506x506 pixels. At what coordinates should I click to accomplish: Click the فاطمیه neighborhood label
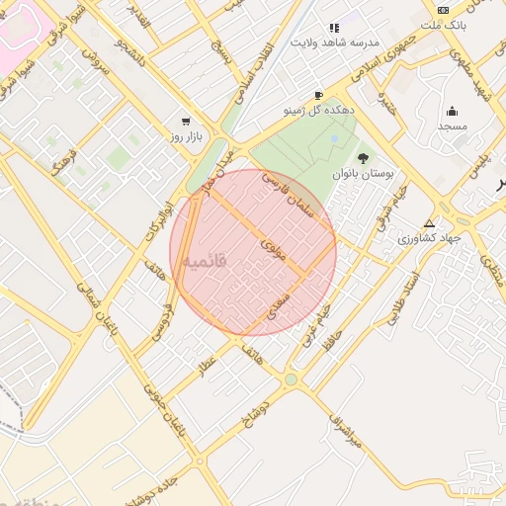(x=206, y=261)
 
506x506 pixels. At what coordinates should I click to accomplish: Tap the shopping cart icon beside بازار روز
(x=185, y=121)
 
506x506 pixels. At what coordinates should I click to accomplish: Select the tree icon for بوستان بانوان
(x=363, y=158)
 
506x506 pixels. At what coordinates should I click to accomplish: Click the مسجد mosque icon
(x=453, y=111)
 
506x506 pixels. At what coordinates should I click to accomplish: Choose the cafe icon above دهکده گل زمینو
(x=318, y=96)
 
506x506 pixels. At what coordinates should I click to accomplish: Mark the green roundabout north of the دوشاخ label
(x=291, y=379)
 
